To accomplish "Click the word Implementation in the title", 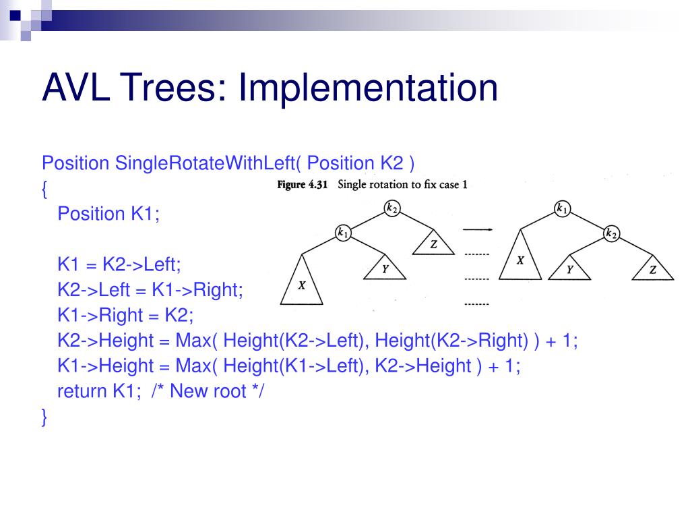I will click(367, 88).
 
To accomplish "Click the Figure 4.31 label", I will click(303, 185).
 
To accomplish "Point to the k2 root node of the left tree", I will click(391, 208).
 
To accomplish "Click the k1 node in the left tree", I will click(343, 233).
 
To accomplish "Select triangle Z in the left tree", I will click(433, 244).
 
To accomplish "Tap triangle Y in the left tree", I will click(385, 270).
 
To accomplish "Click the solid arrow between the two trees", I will click(476, 230).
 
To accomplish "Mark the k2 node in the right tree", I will click(611, 233).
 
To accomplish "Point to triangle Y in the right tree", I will click(569, 270).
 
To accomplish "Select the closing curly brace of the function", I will click(44, 417).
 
